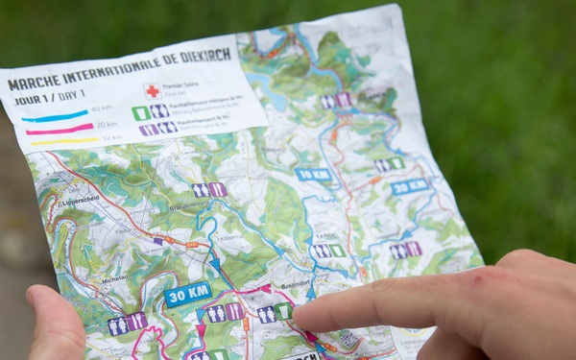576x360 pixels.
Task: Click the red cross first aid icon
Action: [x=152, y=91]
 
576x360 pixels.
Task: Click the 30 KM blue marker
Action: [x=187, y=294]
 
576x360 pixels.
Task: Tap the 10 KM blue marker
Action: [x=313, y=174]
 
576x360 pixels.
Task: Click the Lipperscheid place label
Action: [x=79, y=200]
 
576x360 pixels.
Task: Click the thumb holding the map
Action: [x=54, y=322]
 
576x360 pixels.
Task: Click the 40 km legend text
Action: [x=101, y=108]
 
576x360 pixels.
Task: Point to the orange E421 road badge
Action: [x=192, y=245]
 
